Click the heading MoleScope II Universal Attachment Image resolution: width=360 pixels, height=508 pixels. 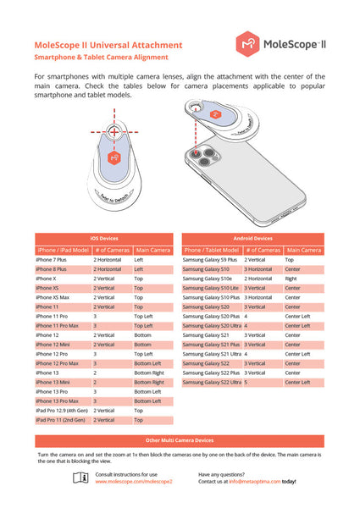coord(108,44)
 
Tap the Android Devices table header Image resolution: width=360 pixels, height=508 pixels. coord(252,239)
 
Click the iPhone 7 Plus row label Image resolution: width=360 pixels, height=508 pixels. coord(53,259)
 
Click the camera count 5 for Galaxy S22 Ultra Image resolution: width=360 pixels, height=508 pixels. coord(246,382)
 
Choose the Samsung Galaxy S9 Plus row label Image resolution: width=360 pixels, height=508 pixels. coord(211,259)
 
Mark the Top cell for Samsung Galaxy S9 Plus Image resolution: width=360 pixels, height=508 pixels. coord(290,259)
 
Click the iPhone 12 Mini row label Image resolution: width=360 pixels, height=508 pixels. coord(53,345)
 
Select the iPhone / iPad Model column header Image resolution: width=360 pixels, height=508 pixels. coord(62,250)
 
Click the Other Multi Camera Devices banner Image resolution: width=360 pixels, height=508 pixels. coord(179,440)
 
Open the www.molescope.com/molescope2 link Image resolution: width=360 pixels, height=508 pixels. coord(133,481)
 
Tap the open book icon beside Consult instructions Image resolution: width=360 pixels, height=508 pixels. coord(80,478)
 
